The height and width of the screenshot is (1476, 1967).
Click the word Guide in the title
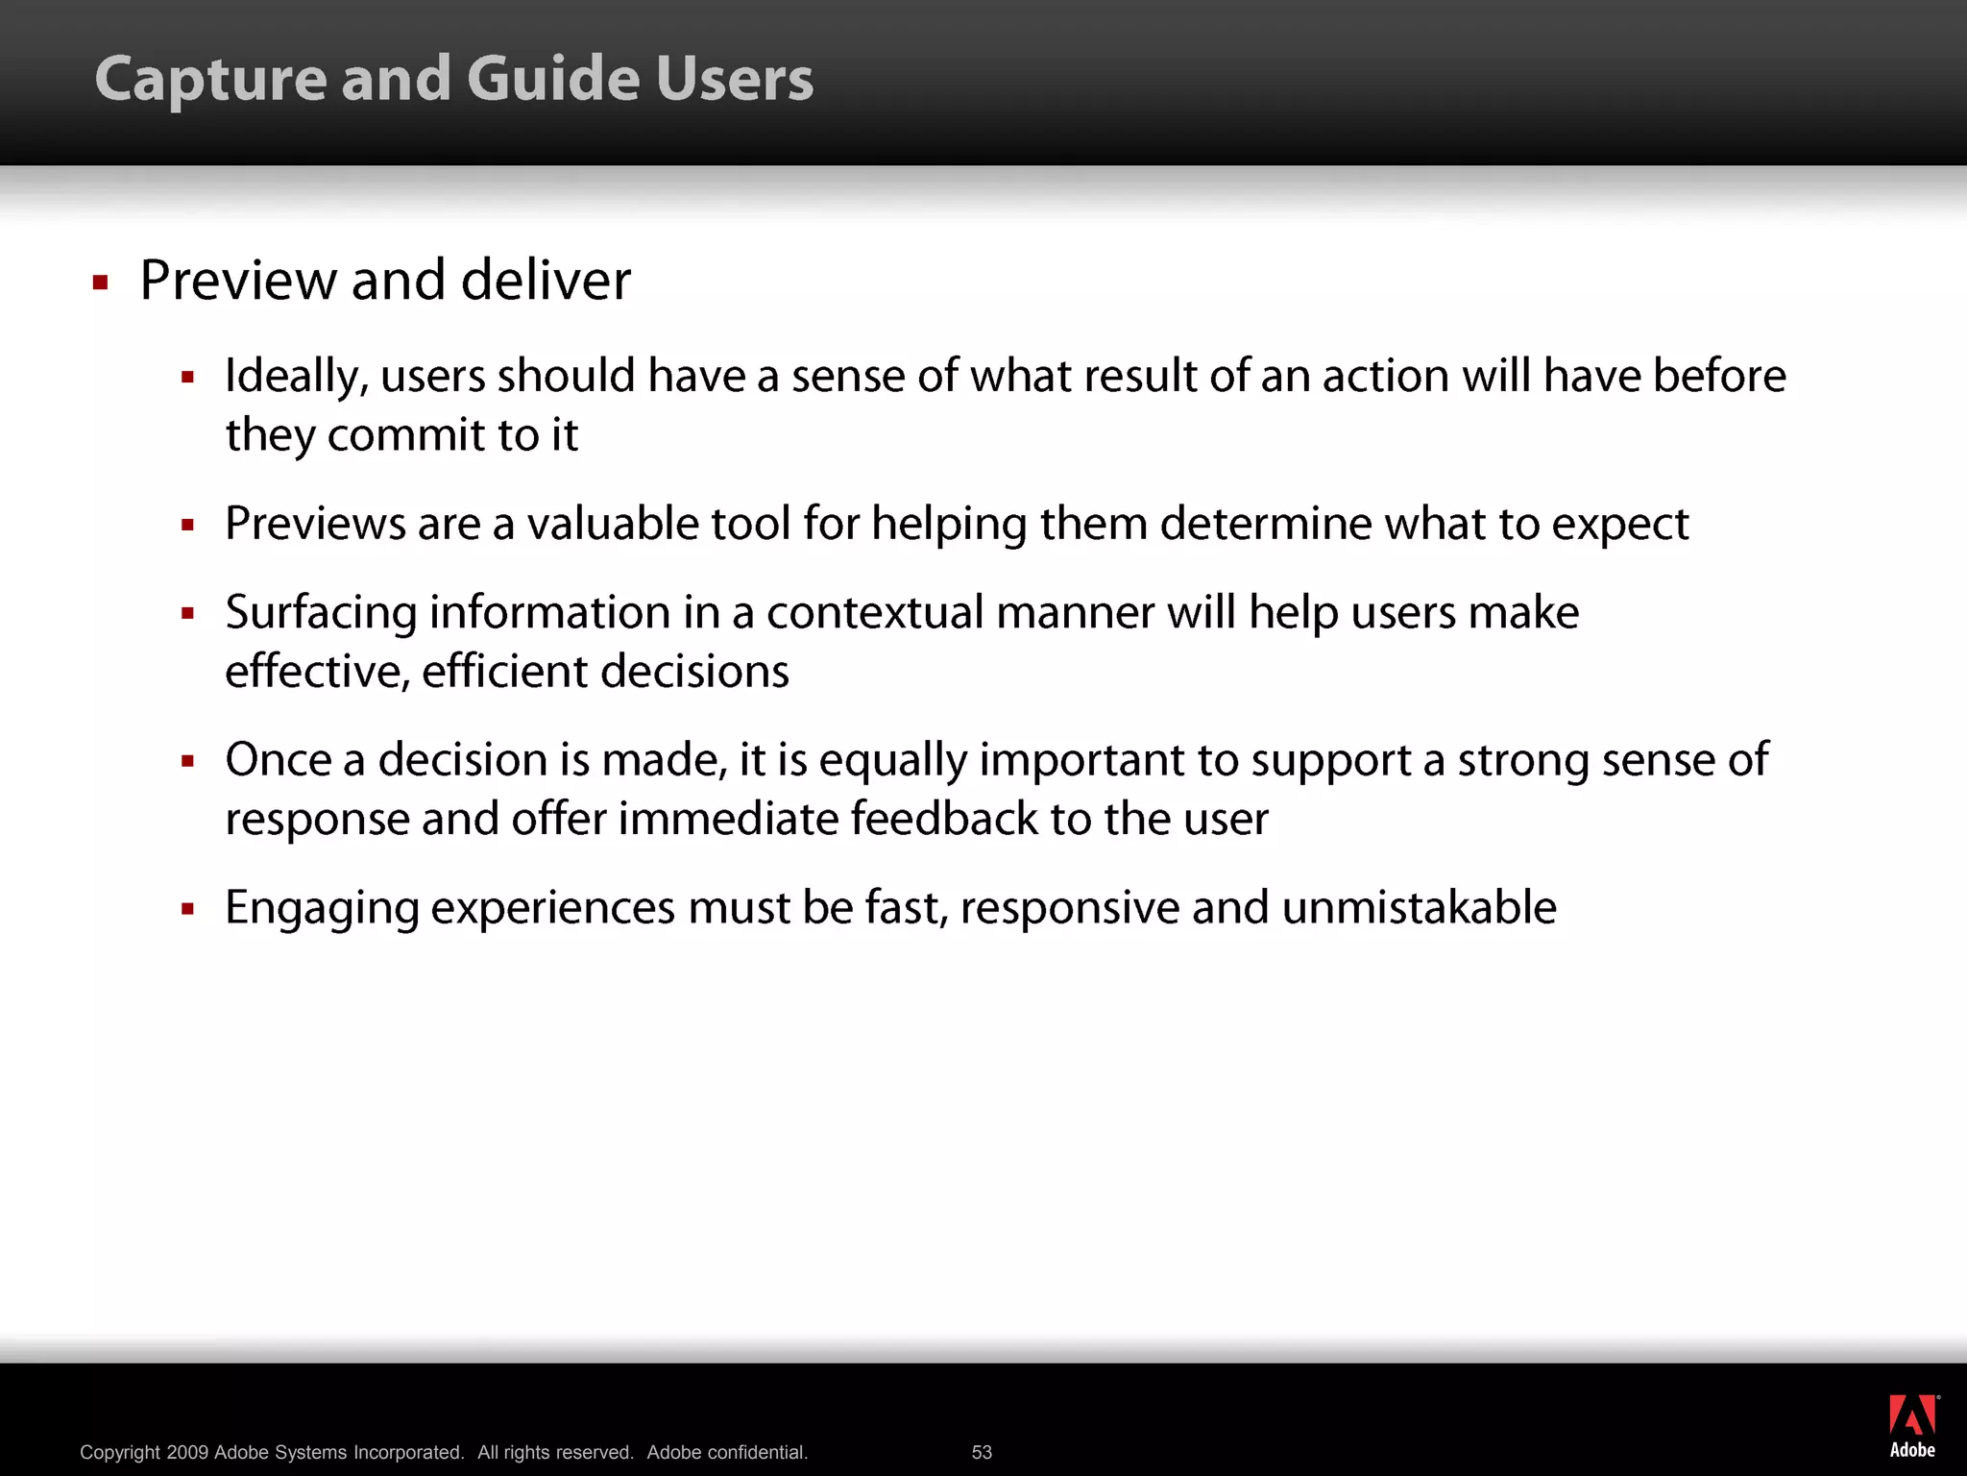553,79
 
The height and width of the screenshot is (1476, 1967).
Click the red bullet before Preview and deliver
100,283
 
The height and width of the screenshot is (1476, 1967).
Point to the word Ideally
296,377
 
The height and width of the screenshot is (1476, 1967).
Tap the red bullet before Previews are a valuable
188,525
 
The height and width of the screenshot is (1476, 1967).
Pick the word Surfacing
321,614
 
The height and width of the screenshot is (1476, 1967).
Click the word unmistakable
1419,908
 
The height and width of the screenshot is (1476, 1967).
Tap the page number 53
982,1452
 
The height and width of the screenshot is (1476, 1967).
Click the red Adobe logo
1912,1416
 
